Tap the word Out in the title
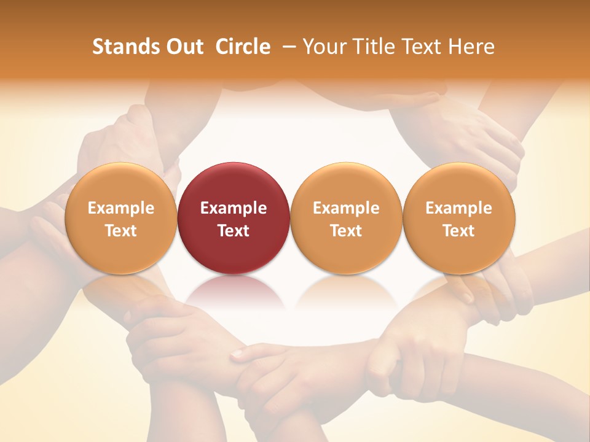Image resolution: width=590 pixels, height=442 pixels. [184, 47]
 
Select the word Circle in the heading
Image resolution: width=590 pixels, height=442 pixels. [243, 47]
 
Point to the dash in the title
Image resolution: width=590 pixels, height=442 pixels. [288, 47]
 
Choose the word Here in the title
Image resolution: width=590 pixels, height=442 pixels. [471, 47]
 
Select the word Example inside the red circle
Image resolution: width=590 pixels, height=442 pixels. [234, 208]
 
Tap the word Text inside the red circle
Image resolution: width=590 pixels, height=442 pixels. [234, 231]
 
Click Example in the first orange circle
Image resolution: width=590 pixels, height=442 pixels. [120, 208]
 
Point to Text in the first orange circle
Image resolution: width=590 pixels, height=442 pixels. [120, 231]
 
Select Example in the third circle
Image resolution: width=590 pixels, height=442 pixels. [346, 208]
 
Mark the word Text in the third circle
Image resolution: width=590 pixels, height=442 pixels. [346, 231]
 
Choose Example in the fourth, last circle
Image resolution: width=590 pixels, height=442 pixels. [459, 208]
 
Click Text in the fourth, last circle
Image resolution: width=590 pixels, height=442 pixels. [459, 231]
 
